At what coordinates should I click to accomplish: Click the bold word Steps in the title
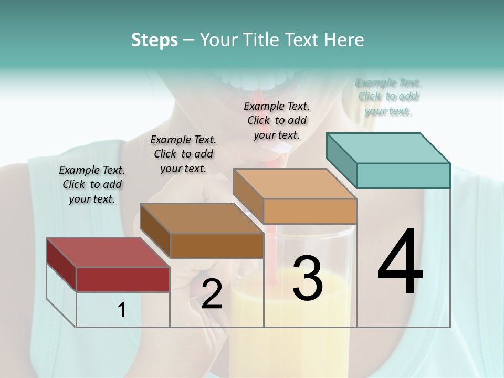pos(154,40)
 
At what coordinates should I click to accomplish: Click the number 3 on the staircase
pos(308,278)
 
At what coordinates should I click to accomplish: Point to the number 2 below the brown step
pos(212,294)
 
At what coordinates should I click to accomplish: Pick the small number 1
pos(122,310)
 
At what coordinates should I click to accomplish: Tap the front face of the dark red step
pos(123,279)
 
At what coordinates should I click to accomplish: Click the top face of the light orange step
pos(295,184)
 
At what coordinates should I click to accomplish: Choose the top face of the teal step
pos(388,148)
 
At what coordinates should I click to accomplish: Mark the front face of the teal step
pos(403,175)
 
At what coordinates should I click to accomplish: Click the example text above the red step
pos(92,184)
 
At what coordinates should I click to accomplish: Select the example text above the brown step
pos(183,154)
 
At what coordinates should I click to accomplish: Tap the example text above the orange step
pos(277,120)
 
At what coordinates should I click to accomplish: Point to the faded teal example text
pos(388,97)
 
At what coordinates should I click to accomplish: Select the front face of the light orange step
pos(310,211)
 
